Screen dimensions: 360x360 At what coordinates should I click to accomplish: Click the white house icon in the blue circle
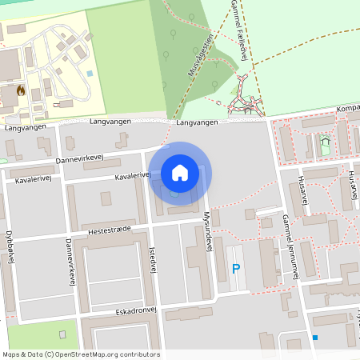click(180, 172)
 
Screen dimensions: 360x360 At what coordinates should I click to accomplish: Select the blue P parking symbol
click(236, 269)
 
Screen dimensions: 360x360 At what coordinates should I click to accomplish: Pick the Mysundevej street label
click(206, 233)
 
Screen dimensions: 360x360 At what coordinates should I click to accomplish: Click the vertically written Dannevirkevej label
click(70, 260)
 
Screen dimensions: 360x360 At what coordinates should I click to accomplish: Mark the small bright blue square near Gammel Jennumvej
click(316, 338)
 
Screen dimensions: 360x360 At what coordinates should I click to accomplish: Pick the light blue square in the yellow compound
click(90, 74)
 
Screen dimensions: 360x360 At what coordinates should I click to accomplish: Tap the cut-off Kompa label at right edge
click(347, 108)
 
